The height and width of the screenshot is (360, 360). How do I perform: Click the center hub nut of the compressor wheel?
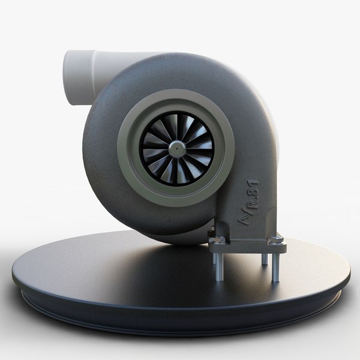point(178,147)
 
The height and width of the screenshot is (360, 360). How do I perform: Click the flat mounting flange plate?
point(246,245)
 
